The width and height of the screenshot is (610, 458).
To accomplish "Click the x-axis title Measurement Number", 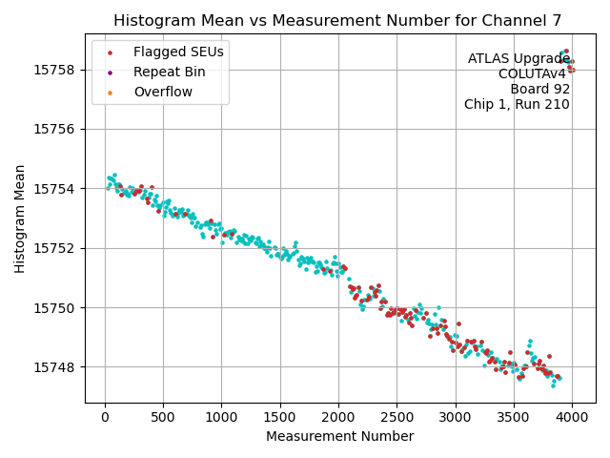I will click(340, 436).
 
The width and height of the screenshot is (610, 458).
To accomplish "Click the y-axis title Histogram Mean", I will click(20, 219).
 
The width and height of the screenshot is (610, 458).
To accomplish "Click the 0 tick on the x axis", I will click(105, 416).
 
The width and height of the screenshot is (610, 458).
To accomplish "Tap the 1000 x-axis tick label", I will click(221, 416).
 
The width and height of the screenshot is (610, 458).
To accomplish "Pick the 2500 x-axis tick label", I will click(396, 416).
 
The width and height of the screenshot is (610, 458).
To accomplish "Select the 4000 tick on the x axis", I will click(572, 416).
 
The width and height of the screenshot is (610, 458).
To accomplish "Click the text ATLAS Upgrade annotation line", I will click(518, 59).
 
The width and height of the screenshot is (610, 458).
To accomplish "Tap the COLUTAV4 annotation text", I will click(534, 74).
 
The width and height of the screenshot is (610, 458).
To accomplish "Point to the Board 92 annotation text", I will click(539, 90).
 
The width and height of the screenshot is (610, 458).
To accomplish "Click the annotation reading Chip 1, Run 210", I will click(517, 105).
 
